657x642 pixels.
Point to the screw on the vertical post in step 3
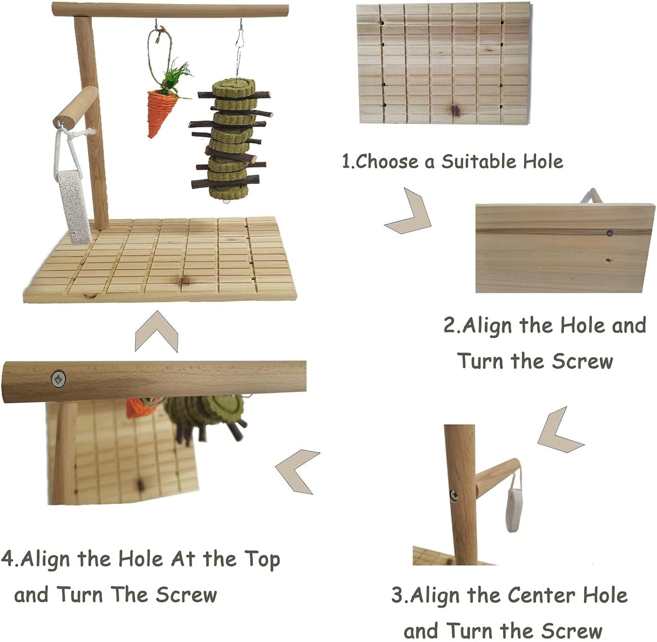(454, 494)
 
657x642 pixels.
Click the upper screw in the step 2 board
(610, 233)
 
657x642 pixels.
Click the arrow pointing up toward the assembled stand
(156, 330)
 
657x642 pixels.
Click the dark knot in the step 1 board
(455, 110)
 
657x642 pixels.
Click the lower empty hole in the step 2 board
(608, 261)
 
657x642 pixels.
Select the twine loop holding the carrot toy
(159, 50)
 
